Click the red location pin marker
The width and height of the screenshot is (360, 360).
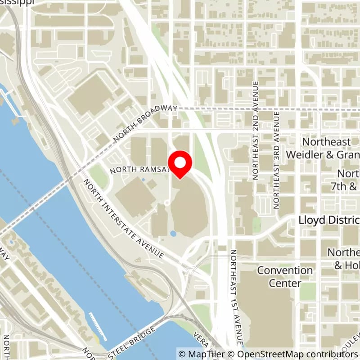pos(180,164)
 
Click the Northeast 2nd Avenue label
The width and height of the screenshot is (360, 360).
pos(256,130)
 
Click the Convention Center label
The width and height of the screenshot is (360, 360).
pos(285,277)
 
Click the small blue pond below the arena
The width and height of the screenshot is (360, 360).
pos(173,234)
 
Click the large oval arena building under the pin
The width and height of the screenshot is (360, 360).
pos(189,207)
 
